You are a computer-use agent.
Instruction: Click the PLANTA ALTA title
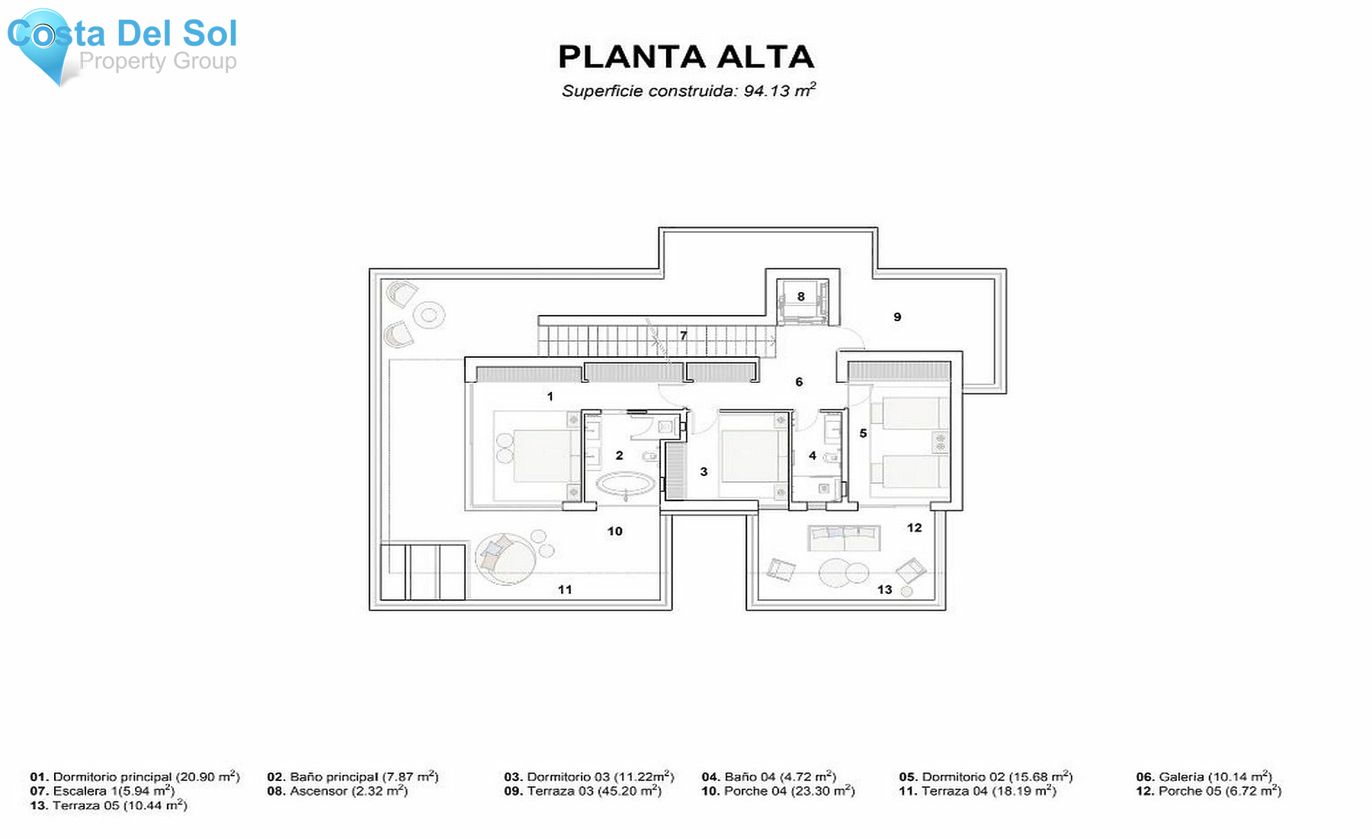(686, 57)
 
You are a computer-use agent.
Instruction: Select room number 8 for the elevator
(801, 297)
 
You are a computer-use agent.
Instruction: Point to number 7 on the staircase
(684, 336)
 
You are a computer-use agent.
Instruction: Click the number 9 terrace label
(897, 317)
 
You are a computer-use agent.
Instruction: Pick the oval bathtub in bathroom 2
(625, 484)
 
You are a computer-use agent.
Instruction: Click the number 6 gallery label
(799, 382)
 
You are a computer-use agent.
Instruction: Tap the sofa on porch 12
(844, 537)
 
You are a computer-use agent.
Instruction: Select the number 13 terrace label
(884, 590)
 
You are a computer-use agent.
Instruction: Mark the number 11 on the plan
(565, 590)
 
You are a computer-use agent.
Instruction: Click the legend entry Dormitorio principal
(135, 777)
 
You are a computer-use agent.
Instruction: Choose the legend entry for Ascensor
(337, 792)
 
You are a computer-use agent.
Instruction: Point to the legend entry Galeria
(1204, 777)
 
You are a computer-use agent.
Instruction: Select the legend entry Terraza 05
(108, 806)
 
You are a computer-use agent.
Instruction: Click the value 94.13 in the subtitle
(766, 92)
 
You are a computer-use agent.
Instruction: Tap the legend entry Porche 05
(1208, 792)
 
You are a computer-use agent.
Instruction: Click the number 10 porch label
(615, 532)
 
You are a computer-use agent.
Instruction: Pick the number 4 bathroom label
(813, 456)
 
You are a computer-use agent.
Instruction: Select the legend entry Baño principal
(352, 777)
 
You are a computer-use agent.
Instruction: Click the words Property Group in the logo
(158, 61)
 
